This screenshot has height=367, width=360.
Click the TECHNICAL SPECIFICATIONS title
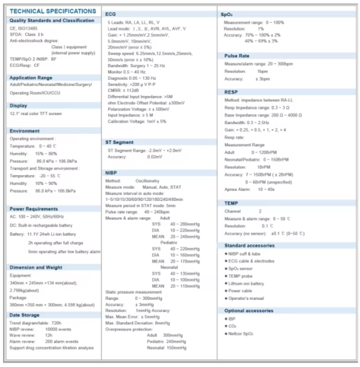pyautogui.click(x=53, y=11)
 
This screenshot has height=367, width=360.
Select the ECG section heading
pyautogui.click(x=111, y=13)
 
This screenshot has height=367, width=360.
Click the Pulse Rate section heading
pyautogui.click(x=236, y=55)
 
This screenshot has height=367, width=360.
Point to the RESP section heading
pyautogui.click(x=232, y=92)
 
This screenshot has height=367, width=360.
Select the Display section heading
pyautogui.click(x=19, y=105)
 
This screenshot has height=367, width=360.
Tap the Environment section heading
pyautogui.click(x=25, y=130)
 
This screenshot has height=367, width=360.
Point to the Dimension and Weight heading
pyautogui.click(x=36, y=267)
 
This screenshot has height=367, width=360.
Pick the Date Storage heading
pyautogui.click(x=25, y=315)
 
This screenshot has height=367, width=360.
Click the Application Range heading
pyautogui.click(x=32, y=77)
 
